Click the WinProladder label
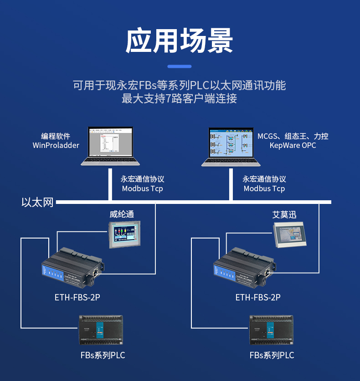56,146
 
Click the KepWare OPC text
293,146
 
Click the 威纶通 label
122,214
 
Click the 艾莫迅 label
284,214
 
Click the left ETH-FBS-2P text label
77,298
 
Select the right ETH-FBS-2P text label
258,298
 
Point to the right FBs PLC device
272,330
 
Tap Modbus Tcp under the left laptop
142,188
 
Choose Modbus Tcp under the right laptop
264,188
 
